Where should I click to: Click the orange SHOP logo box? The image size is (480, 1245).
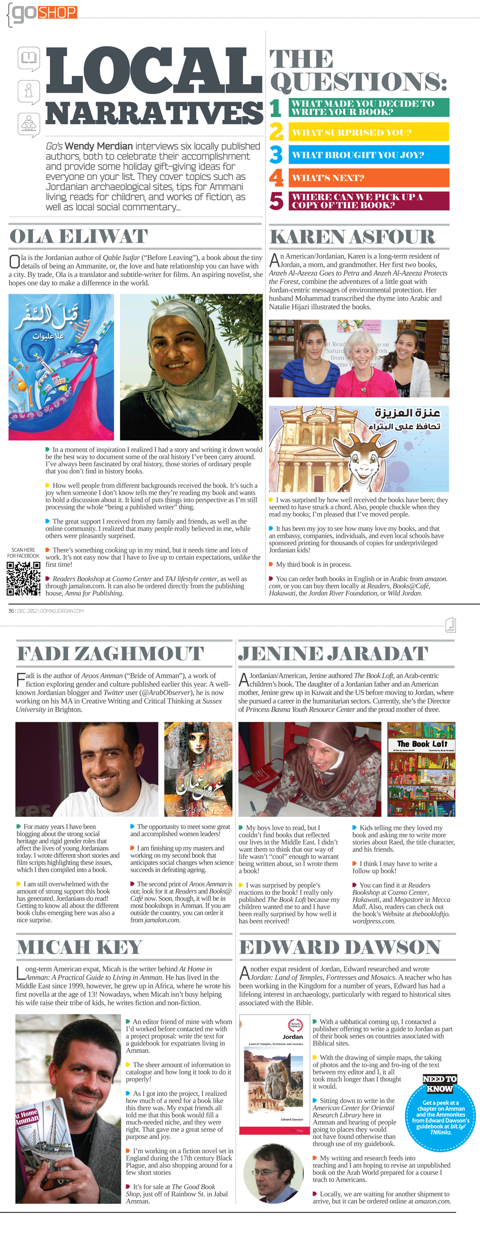pos(57,12)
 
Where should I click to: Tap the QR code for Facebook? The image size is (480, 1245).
pos(23,578)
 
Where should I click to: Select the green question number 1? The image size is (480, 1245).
pos(276,108)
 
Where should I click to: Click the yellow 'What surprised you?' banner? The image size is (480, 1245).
pos(369,132)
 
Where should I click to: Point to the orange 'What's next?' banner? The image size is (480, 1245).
pos(369,178)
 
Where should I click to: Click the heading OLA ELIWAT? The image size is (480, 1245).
pos(79,237)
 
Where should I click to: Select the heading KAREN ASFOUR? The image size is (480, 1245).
pos(352,237)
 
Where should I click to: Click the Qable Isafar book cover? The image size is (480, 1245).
pos(61,367)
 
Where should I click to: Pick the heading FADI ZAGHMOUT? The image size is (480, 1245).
pos(110,653)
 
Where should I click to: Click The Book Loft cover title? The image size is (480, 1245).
pos(421,744)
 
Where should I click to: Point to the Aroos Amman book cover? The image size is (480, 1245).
pos(198,769)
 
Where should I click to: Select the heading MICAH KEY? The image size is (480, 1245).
pos(80,947)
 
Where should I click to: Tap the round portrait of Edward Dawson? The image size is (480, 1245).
pos(270,1174)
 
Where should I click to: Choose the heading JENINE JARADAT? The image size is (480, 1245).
pos(333,653)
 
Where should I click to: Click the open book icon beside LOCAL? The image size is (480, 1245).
pos(28,58)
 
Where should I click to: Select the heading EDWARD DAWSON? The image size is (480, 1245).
pos(340,947)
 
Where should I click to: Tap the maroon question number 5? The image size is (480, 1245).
pos(276,201)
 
